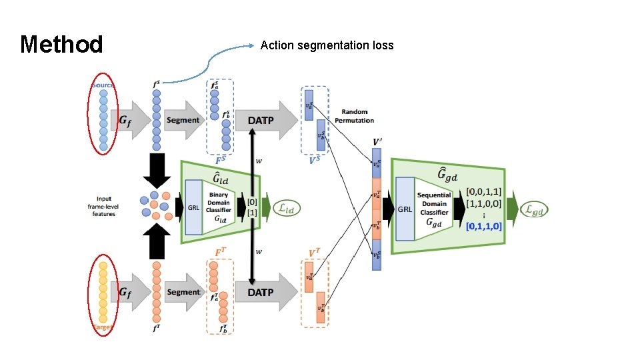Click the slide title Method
tap(61, 45)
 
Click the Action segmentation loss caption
tap(327, 45)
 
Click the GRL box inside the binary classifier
tap(193, 207)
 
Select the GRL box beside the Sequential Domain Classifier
tap(405, 209)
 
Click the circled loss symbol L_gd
tap(538, 209)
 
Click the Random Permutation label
tap(358, 116)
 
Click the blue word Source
tap(103, 85)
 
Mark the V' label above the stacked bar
tap(377, 141)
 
